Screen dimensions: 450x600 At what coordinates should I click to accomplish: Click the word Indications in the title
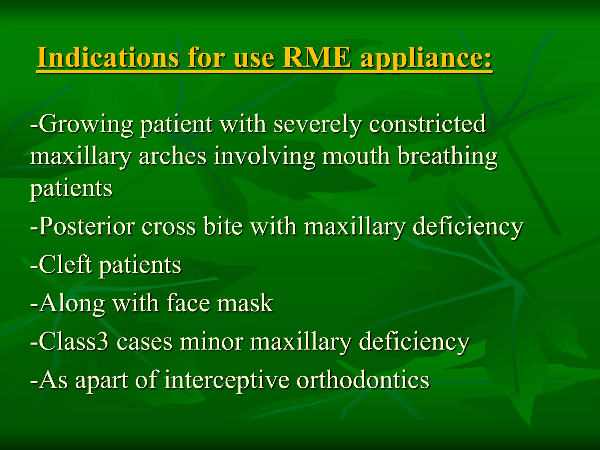point(107,57)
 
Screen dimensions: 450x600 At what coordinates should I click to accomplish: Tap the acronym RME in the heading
point(316,57)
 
